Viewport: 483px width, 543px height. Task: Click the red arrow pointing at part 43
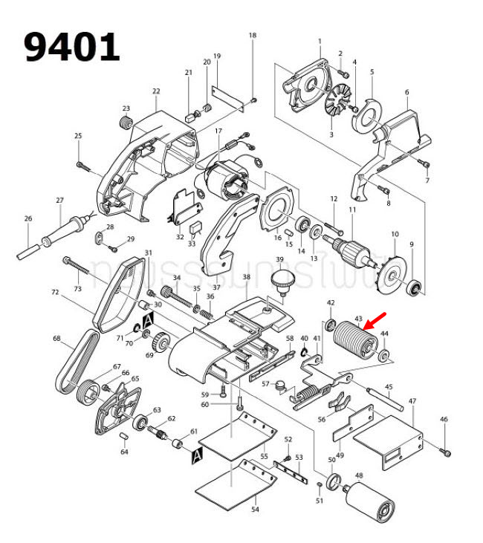click(375, 321)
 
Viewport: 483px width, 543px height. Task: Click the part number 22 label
click(156, 91)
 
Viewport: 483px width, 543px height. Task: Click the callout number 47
click(412, 401)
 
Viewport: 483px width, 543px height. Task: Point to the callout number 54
click(255, 510)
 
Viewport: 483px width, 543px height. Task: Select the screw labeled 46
click(446, 450)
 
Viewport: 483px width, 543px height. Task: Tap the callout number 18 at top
click(252, 36)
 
